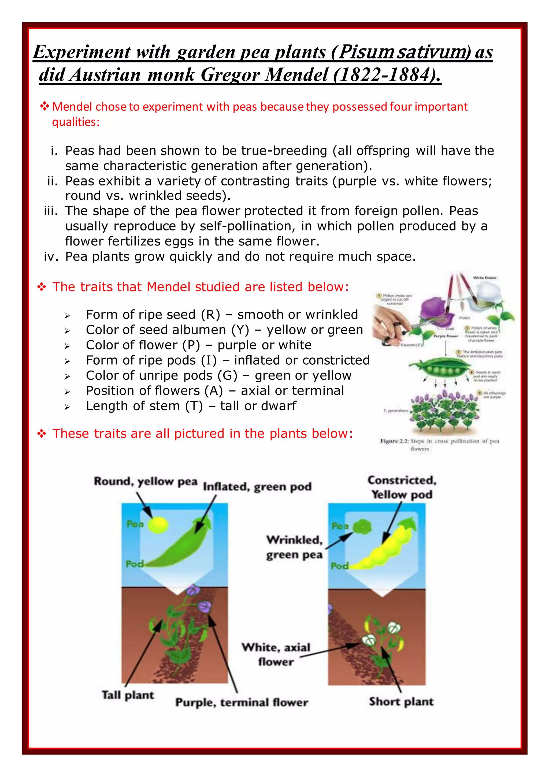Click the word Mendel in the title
click(x=296, y=75)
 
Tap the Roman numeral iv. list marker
click(x=51, y=256)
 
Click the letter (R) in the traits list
click(x=210, y=315)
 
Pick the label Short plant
click(x=401, y=702)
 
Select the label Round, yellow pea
click(x=145, y=481)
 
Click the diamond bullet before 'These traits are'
click(x=42, y=433)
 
